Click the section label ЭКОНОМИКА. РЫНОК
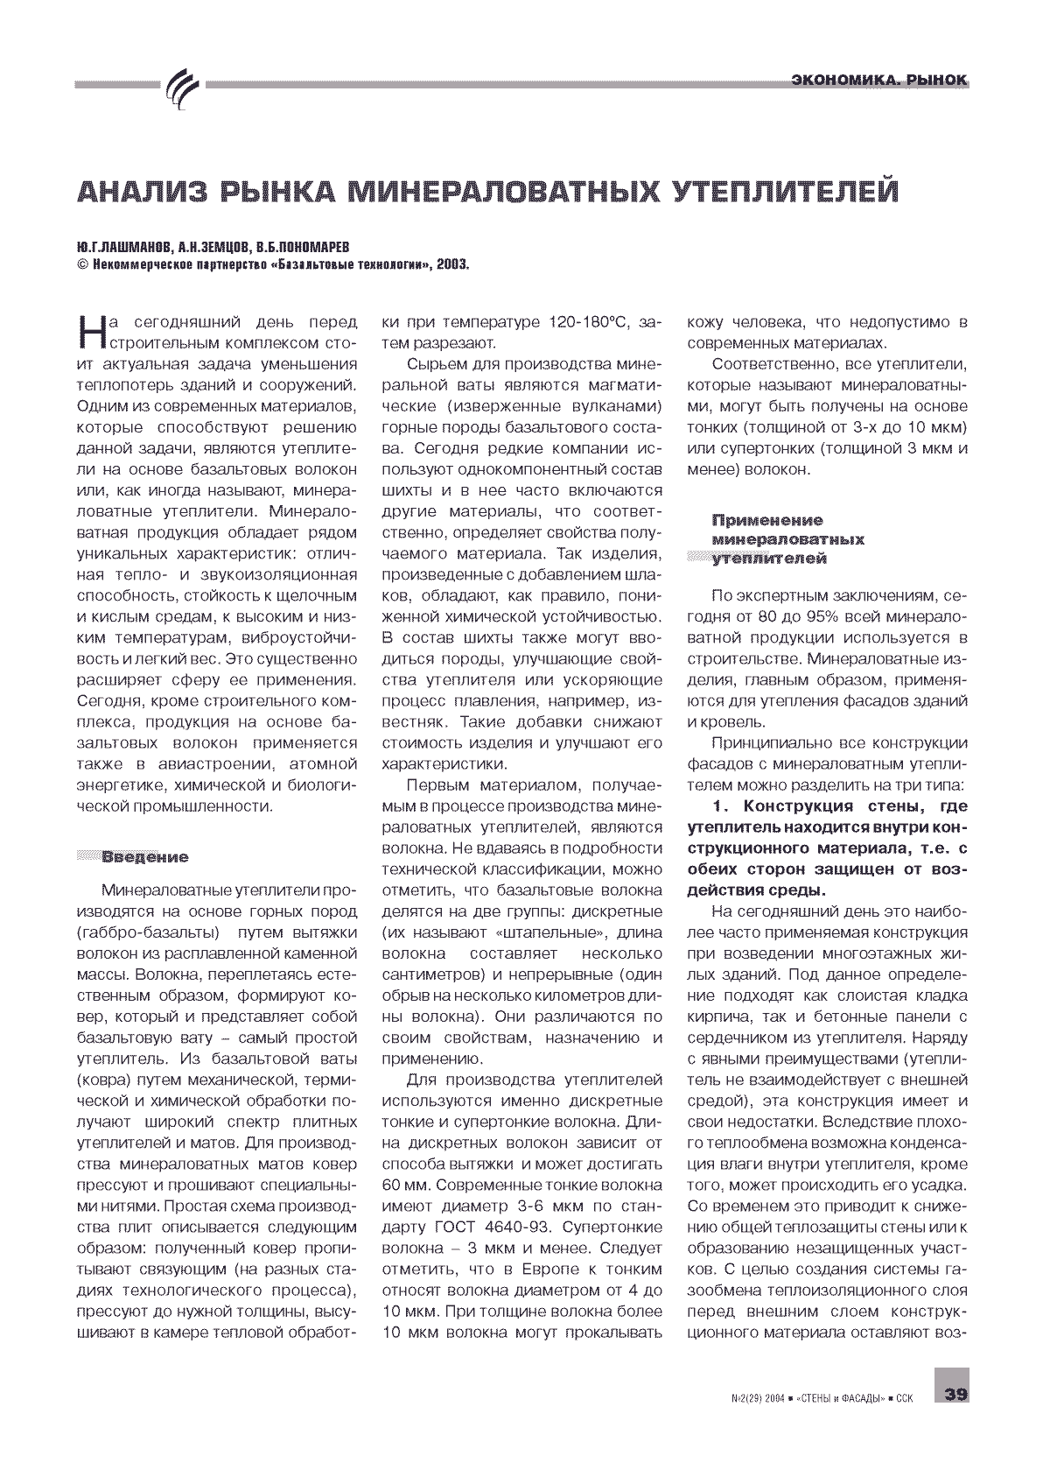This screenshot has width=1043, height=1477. (878, 81)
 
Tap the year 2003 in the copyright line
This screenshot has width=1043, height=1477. (451, 263)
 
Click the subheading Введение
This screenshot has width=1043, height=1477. (145, 856)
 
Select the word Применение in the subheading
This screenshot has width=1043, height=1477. (768, 520)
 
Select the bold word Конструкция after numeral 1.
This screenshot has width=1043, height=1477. (799, 805)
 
